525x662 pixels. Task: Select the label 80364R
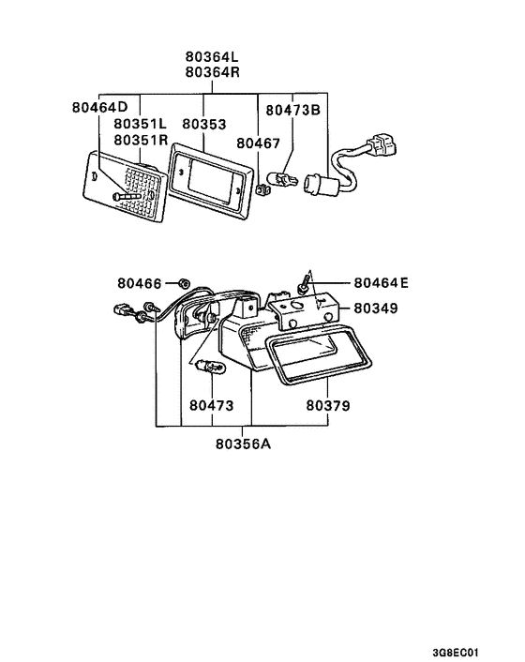tap(212, 72)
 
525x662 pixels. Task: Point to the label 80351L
tap(141, 124)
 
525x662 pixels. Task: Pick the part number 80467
tap(258, 143)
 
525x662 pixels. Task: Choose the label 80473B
tap(292, 109)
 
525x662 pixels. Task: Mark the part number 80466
tap(140, 282)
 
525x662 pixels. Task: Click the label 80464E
tap(381, 282)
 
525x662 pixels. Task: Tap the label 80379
tap(327, 406)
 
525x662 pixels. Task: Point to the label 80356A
tap(242, 443)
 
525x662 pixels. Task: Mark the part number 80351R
tap(141, 140)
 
